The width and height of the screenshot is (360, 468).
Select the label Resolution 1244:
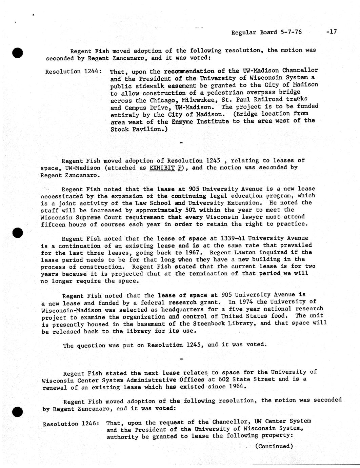73,72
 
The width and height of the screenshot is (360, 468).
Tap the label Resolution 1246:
71,424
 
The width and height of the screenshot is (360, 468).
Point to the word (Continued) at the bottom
274,446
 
